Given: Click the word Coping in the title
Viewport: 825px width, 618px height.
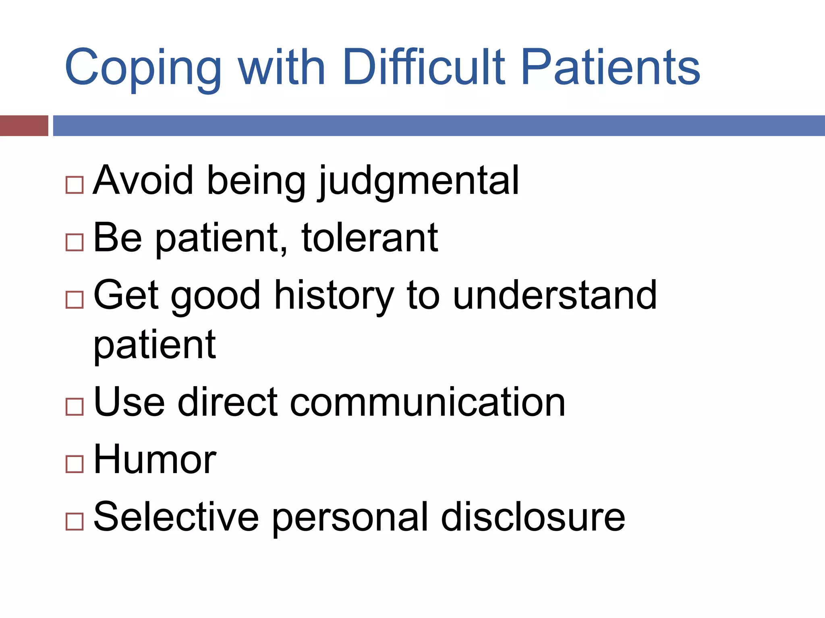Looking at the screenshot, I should (143, 68).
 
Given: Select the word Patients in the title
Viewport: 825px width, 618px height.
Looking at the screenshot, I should (610, 66).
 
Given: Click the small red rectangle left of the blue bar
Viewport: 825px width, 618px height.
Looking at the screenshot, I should (24, 126).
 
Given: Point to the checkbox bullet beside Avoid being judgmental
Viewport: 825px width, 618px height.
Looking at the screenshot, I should (75, 185).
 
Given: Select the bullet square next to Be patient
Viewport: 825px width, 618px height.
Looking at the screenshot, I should (75, 243).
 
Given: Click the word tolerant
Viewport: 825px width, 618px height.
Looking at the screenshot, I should (369, 238).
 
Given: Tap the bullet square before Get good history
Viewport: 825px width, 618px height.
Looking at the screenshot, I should (75, 300).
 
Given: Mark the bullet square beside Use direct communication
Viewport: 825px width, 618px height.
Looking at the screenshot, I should (75, 406).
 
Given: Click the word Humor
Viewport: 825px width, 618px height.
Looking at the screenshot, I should (155, 459).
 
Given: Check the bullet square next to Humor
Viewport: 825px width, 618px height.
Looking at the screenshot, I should (75, 464).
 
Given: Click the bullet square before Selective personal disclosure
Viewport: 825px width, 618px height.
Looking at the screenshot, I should (75, 521).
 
